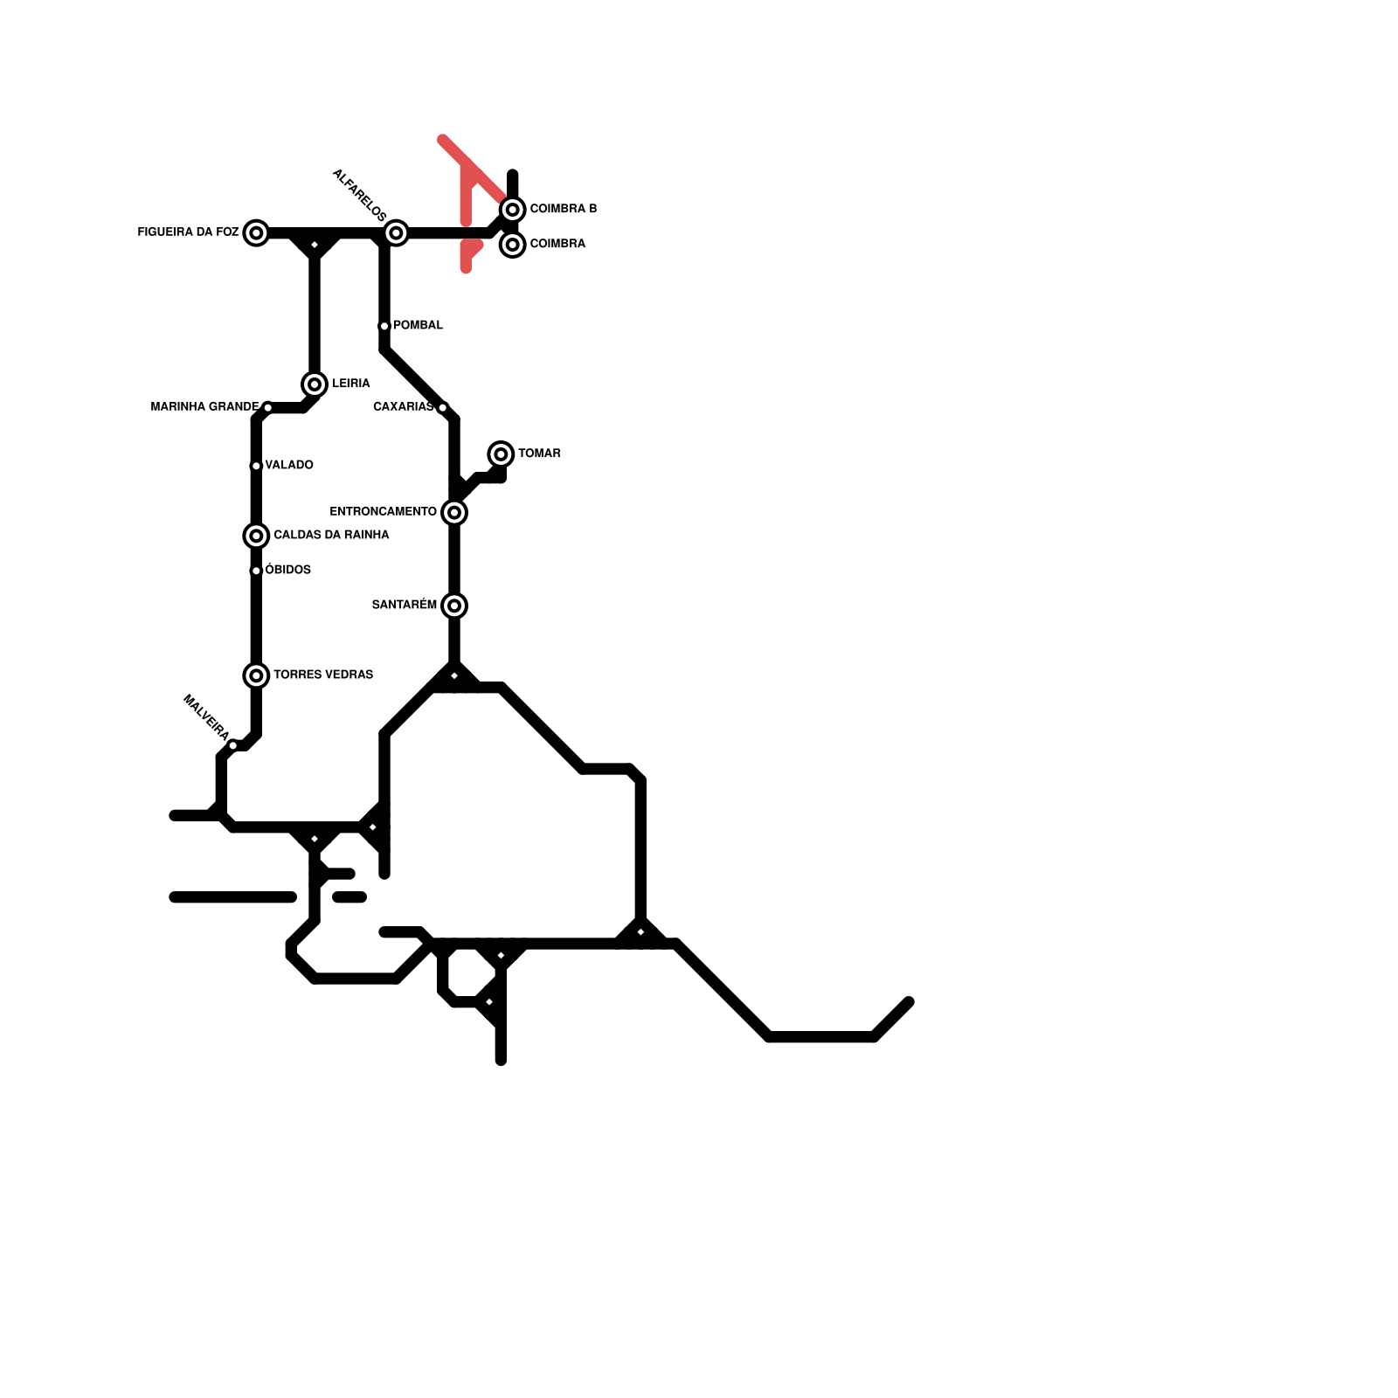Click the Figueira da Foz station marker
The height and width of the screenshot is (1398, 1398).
[x=256, y=232]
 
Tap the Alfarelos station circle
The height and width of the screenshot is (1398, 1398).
[x=396, y=232]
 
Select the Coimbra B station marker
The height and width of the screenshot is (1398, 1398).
[x=513, y=210]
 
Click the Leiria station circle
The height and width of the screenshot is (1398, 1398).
[x=315, y=384]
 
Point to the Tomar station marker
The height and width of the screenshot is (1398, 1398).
[x=501, y=454]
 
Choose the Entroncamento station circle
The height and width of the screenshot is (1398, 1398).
[x=454, y=512]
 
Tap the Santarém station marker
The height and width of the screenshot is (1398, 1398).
[x=454, y=606]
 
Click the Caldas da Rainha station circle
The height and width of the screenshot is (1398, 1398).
[x=256, y=536]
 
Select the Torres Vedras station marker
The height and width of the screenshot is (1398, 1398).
[x=256, y=675]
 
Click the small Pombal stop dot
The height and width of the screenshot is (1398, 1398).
[x=384, y=326]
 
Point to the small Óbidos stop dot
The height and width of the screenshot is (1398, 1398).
[x=256, y=571]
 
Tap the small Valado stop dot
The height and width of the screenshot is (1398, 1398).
[x=256, y=466]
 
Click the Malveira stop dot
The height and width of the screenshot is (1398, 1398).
[x=233, y=745]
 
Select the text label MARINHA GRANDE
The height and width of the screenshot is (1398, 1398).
[x=204, y=407]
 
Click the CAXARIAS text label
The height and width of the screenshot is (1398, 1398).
[x=403, y=407]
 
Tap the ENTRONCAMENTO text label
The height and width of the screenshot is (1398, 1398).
[x=383, y=512]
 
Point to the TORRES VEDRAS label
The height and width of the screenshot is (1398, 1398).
[x=323, y=675]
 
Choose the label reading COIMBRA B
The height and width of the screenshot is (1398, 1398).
[x=564, y=209]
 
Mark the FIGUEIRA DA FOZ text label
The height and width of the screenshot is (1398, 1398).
[x=188, y=232]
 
